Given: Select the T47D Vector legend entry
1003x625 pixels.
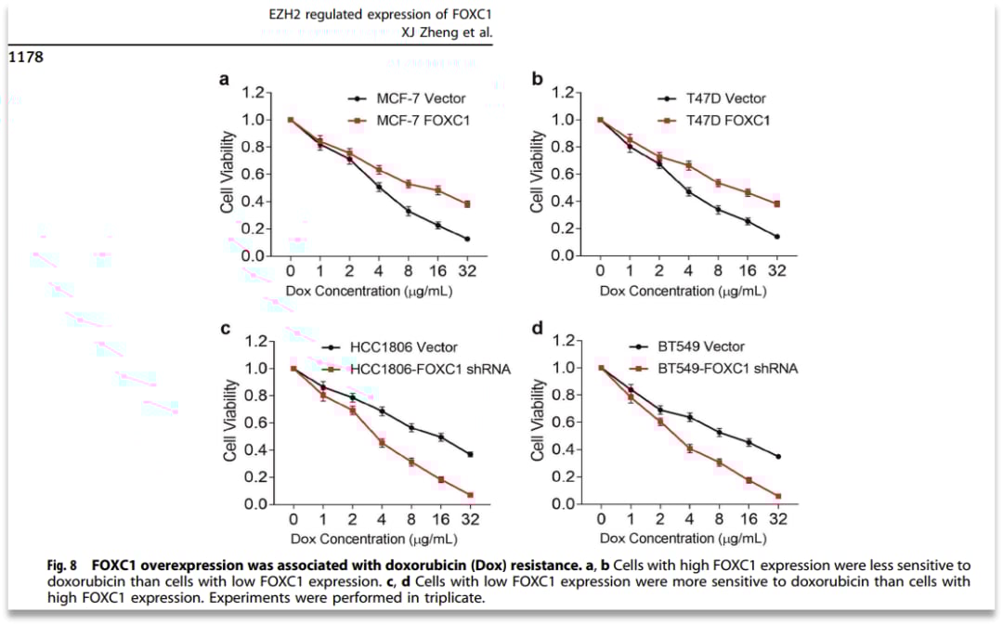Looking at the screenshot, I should [x=726, y=98].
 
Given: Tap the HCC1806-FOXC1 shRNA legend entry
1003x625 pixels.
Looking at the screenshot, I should [x=429, y=369].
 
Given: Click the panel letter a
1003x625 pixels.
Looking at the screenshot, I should [x=224, y=80].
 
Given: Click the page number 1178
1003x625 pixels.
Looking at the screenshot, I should [x=26, y=57].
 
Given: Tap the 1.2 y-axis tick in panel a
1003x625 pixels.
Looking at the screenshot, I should [x=254, y=93].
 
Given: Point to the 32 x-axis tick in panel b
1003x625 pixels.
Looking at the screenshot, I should [x=776, y=271].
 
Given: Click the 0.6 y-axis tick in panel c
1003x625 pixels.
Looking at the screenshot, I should [x=254, y=423].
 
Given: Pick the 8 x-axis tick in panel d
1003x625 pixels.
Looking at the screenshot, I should [x=718, y=520].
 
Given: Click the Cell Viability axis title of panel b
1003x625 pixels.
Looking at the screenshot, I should [x=538, y=172].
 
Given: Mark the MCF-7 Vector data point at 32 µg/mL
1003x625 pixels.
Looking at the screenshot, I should [x=466, y=239].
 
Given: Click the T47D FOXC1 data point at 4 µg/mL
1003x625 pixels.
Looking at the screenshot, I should [x=689, y=165].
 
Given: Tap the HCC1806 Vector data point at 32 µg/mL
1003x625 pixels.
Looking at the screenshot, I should [x=470, y=454].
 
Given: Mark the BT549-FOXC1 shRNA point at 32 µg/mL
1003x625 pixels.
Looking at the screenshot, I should [x=776, y=496].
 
